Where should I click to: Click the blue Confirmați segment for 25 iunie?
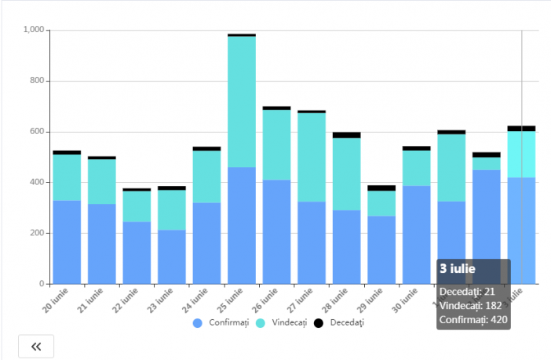(x=242, y=226)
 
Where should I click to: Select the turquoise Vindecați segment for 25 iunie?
(x=242, y=102)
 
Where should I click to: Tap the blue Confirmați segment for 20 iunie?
(x=67, y=242)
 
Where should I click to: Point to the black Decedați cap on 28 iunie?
(x=346, y=135)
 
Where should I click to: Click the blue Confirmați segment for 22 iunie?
(x=137, y=253)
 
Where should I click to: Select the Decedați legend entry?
(x=339, y=322)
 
